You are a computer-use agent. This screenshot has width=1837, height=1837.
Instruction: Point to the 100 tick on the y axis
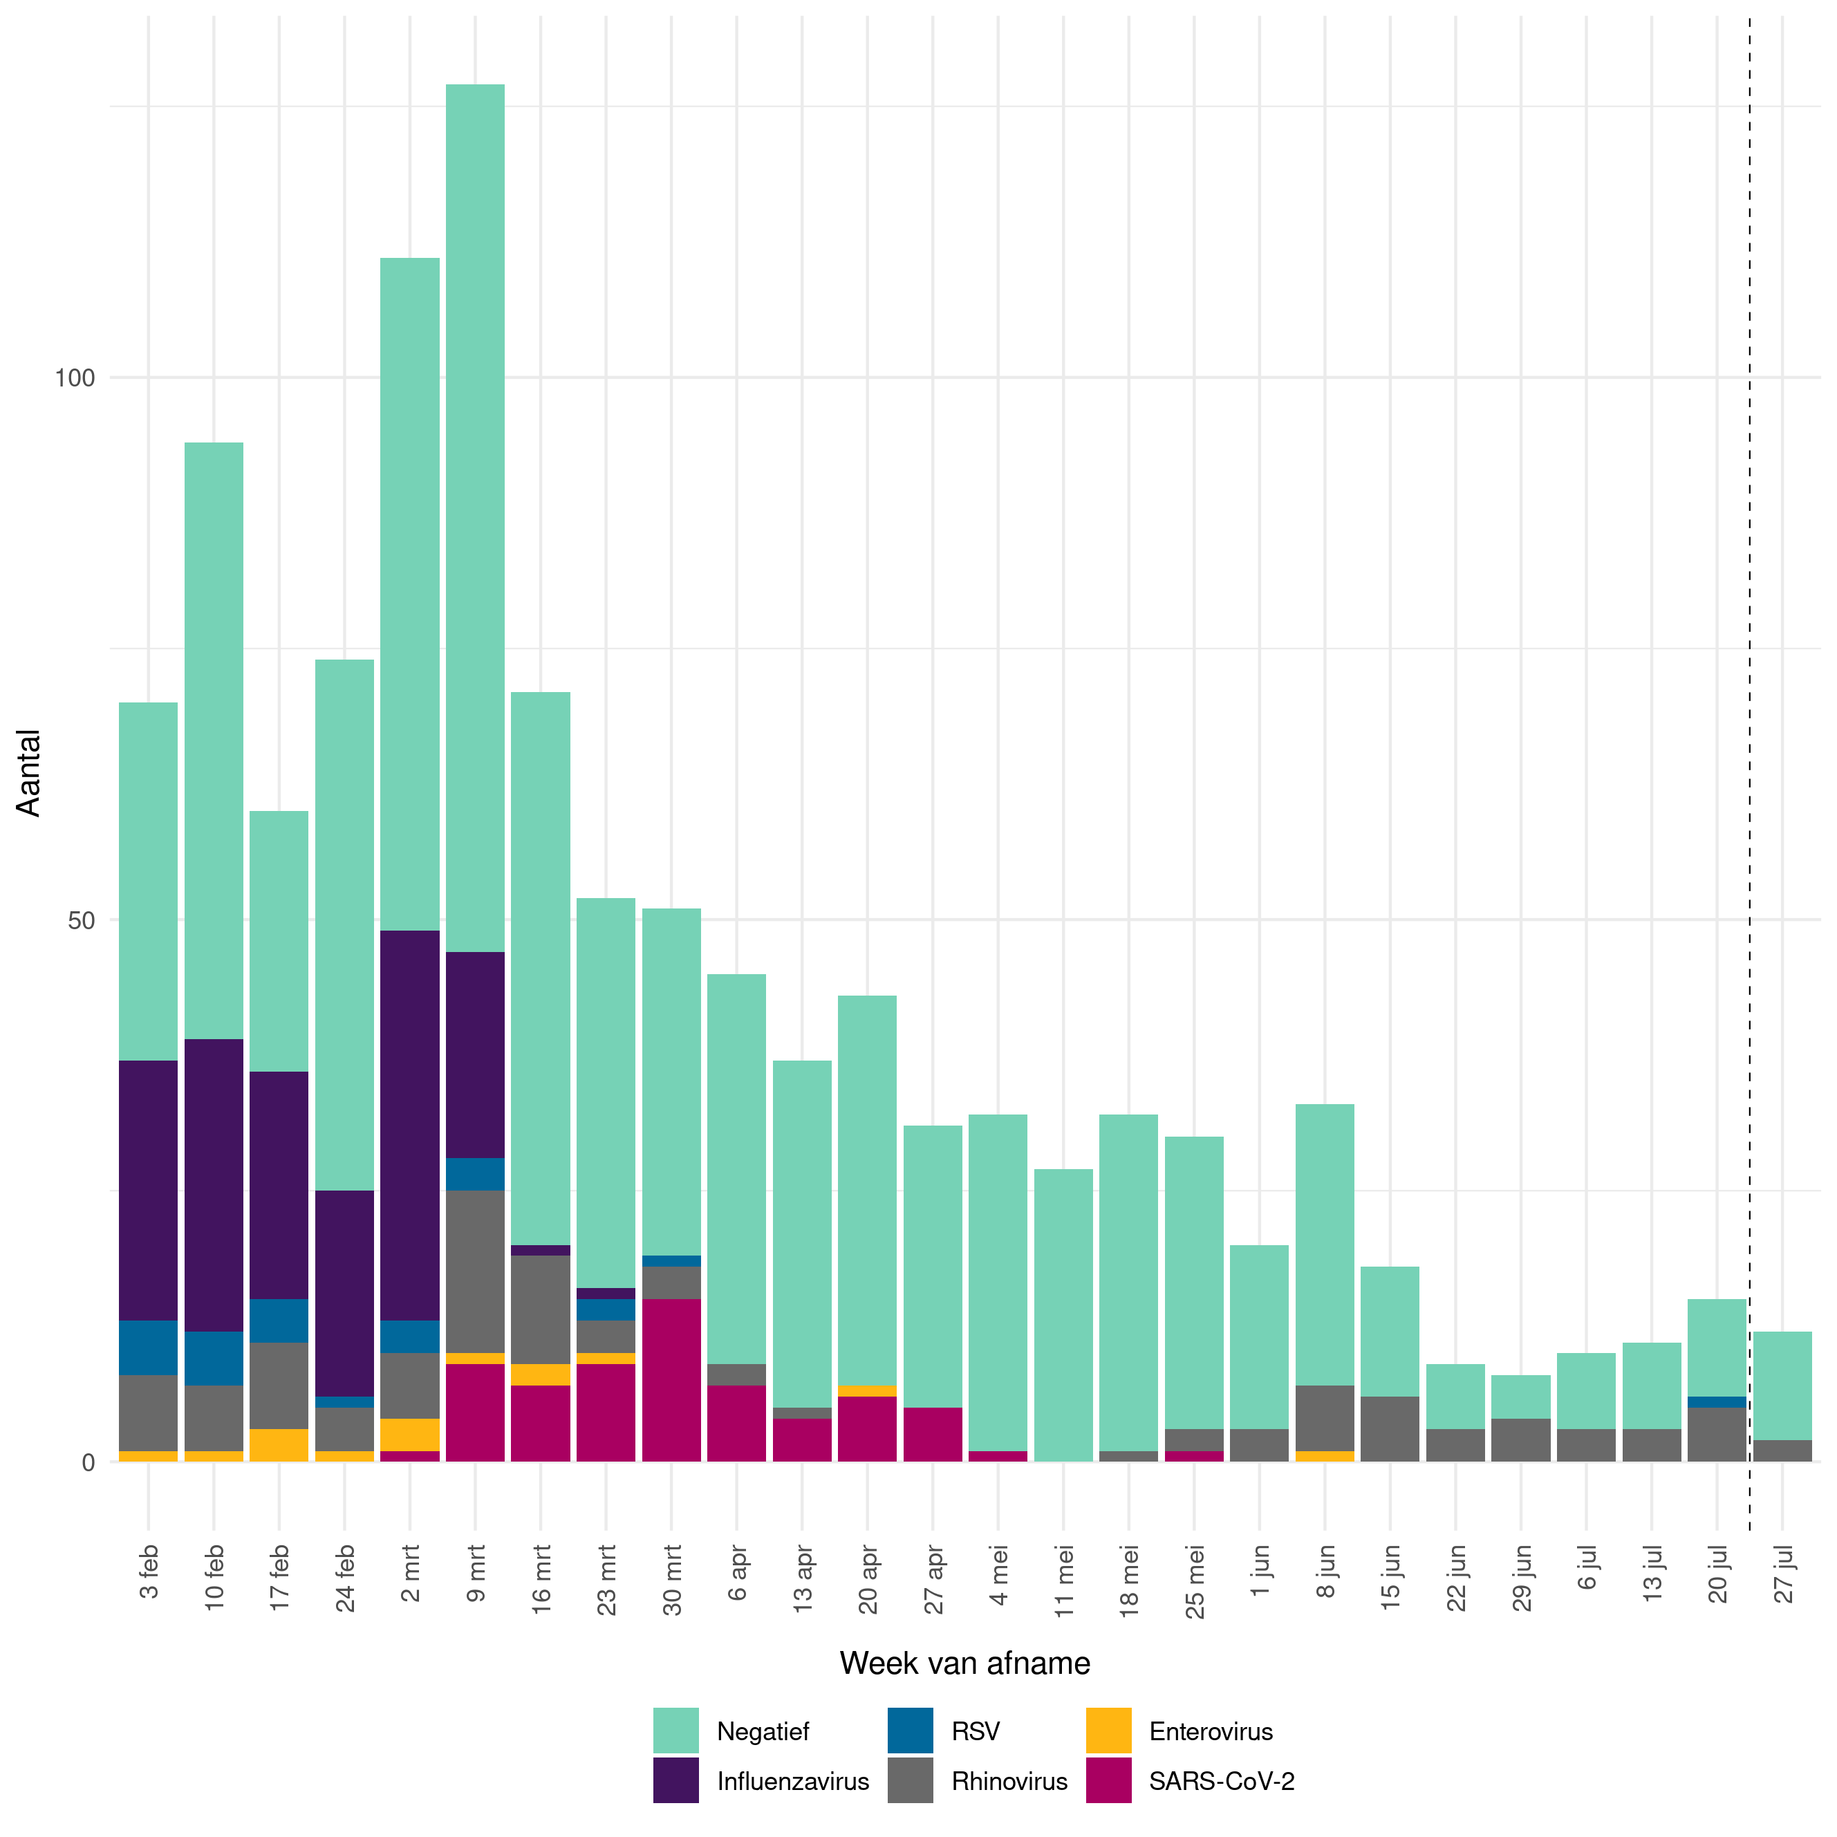(74, 377)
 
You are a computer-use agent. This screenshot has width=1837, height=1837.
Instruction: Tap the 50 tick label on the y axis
(81, 920)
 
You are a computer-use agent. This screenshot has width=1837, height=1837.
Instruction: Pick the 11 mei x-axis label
(1064, 1580)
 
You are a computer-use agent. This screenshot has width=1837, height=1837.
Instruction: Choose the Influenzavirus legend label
(792, 1781)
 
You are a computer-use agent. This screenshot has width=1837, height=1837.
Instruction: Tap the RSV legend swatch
(910, 1731)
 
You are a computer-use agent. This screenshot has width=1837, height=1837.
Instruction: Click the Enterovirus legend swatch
(1109, 1731)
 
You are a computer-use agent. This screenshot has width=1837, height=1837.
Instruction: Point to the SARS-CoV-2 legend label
(1221, 1781)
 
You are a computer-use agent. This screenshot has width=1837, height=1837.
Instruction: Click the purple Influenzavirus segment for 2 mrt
(410, 1125)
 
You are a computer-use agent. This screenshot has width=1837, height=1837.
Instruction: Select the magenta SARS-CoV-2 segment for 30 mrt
(671, 1380)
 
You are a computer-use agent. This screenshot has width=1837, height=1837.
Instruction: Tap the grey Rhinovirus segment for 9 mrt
(476, 1271)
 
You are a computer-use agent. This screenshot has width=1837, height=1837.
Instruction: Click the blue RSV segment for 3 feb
(149, 1348)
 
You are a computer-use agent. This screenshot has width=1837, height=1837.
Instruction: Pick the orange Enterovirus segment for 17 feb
(279, 1444)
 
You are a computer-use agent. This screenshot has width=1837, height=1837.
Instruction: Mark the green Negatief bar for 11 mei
(1063, 1315)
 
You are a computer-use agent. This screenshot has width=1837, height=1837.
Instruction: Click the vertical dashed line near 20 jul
(1749, 761)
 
